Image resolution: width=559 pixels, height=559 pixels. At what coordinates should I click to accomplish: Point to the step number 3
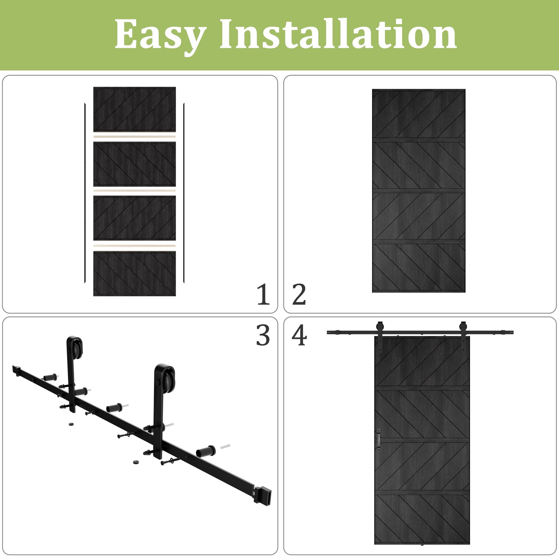coord(263,335)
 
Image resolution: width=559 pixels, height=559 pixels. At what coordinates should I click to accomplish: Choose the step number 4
coord(299,335)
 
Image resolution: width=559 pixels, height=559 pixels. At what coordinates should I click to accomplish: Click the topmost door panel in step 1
coord(134,109)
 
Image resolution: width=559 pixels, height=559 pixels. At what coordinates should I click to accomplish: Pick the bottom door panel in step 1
coord(134,273)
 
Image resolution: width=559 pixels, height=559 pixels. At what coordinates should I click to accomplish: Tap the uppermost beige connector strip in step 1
coord(134,136)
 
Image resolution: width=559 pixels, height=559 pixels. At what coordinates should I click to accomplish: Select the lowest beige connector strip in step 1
coord(134,246)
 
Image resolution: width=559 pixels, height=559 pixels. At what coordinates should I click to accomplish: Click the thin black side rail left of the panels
coord(85,193)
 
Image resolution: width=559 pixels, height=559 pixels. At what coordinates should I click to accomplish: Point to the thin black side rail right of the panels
coord(184,193)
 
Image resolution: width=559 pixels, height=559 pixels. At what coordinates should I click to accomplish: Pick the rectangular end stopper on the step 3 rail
coord(263,496)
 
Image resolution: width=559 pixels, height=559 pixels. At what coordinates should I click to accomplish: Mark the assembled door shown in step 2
coord(419,191)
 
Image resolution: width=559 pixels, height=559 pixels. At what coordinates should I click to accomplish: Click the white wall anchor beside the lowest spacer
coord(225,446)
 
